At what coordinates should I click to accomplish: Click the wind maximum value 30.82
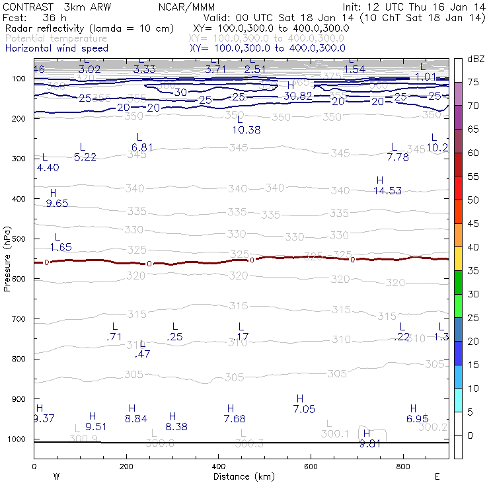click(x=297, y=96)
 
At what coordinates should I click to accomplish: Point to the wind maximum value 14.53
click(x=388, y=191)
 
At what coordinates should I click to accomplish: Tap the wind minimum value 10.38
click(x=246, y=130)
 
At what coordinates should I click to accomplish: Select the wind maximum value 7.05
click(x=304, y=409)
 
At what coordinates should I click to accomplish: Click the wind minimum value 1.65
click(x=61, y=247)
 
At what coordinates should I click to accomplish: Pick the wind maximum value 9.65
click(x=57, y=204)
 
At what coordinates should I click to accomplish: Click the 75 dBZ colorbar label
click(x=473, y=82)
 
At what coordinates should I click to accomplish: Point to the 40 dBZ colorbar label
click(x=473, y=246)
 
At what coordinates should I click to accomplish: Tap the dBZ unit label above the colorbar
click(x=475, y=59)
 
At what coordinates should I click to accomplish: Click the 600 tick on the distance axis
click(x=311, y=466)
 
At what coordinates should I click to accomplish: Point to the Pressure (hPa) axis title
click(x=7, y=260)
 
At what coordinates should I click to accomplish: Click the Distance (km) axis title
click(x=240, y=476)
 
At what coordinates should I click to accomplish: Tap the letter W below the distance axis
click(x=57, y=476)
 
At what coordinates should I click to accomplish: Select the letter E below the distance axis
click(x=437, y=476)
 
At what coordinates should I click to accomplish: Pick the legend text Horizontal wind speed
click(x=56, y=48)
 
